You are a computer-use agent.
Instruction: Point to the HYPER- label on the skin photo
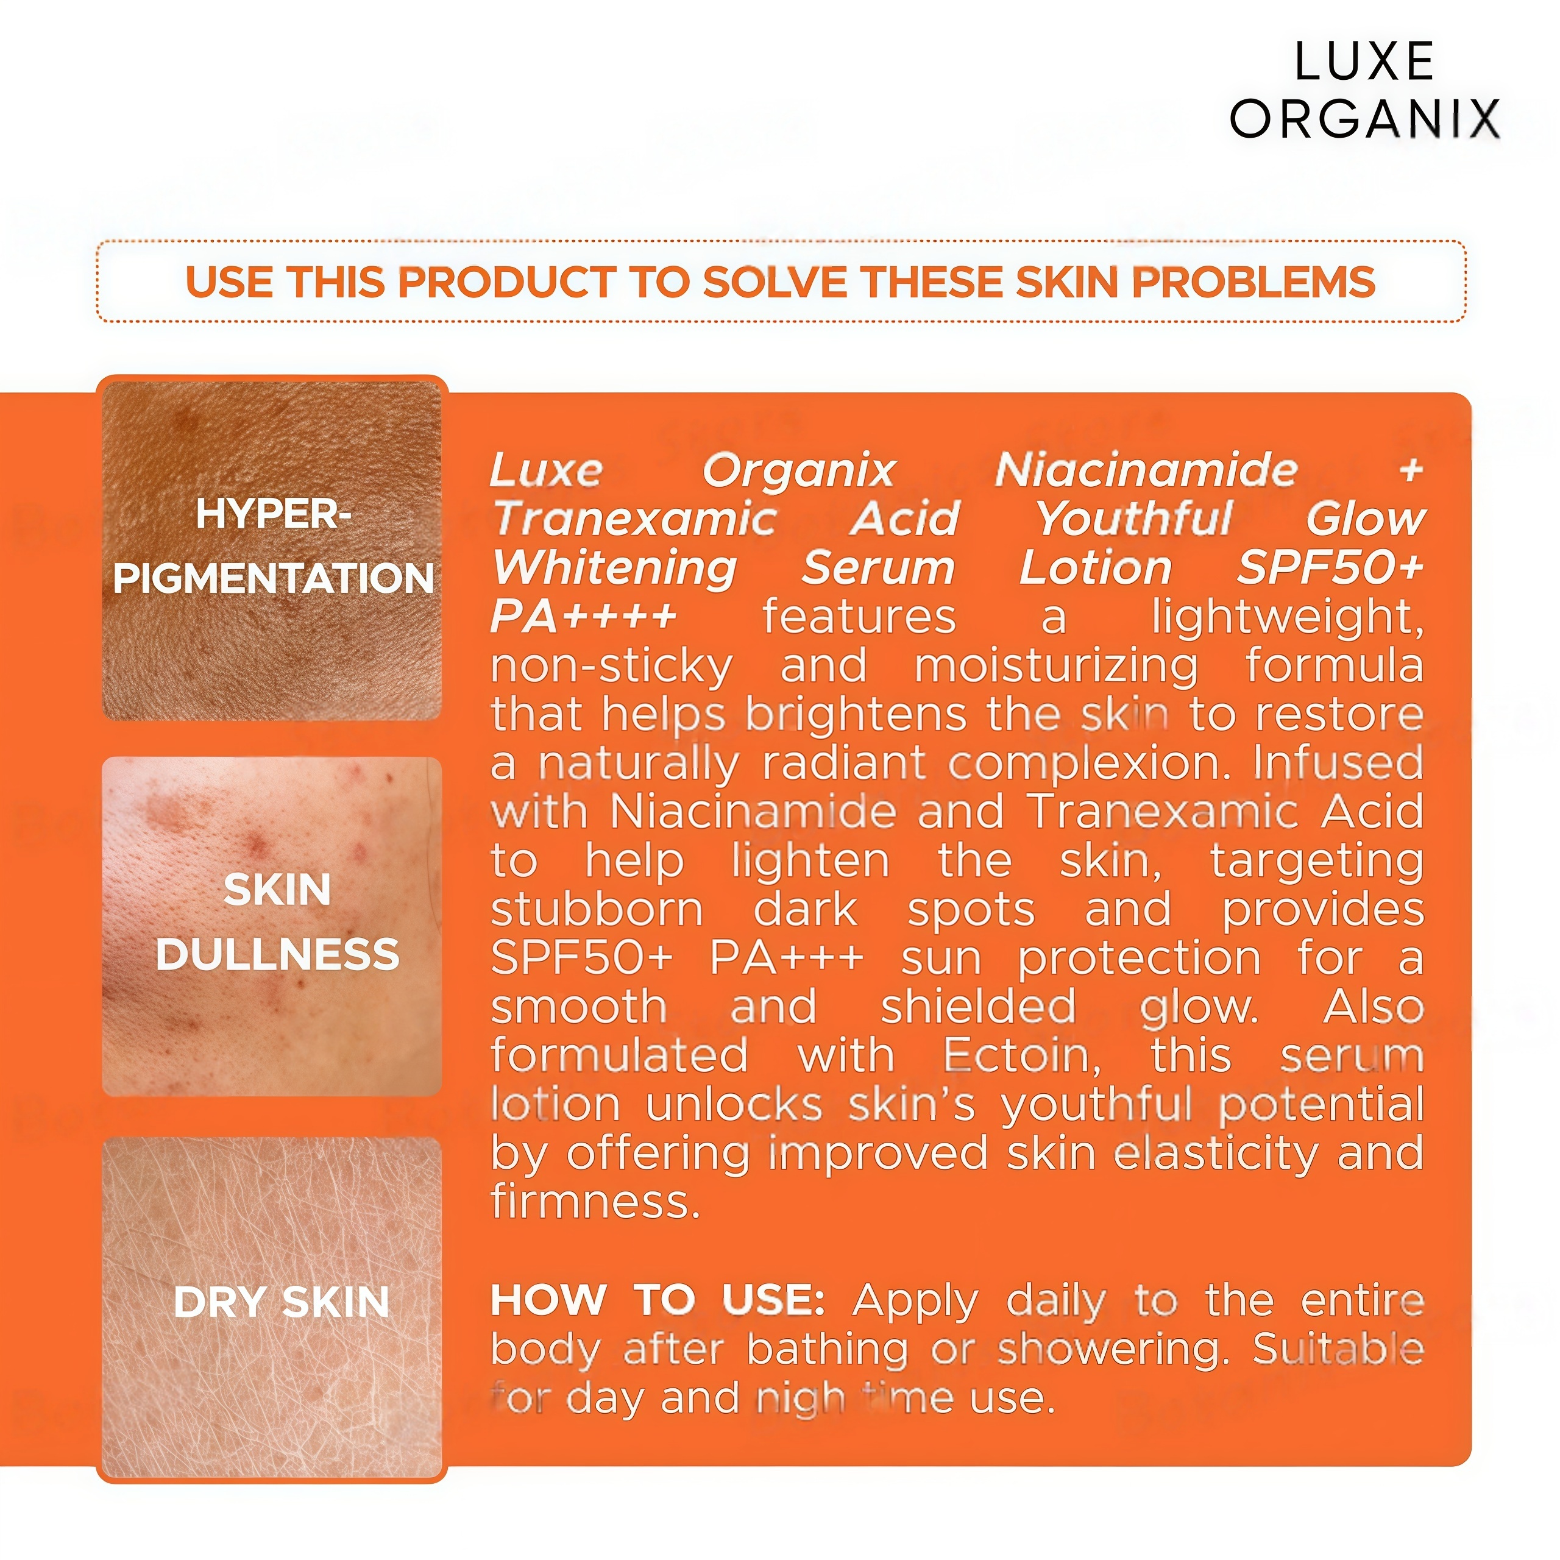(x=273, y=514)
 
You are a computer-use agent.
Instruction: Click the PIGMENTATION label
(x=273, y=579)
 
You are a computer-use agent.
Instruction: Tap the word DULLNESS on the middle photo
(x=277, y=954)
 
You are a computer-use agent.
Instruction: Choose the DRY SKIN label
(x=281, y=1302)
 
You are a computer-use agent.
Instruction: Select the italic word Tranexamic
(x=636, y=519)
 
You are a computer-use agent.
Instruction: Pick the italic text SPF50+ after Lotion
(x=1330, y=568)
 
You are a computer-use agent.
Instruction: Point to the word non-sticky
(x=611, y=667)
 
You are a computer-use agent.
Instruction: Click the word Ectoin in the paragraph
(x=1021, y=1056)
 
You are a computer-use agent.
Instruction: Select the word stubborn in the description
(x=597, y=910)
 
